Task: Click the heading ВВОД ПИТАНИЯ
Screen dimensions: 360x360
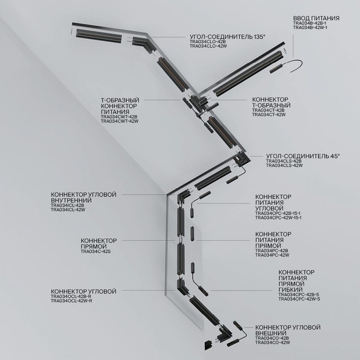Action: pyautogui.click(x=316, y=18)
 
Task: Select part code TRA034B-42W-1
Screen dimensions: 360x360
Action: pyautogui.click(x=310, y=28)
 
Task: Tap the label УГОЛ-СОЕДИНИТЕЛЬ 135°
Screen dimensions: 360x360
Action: pyautogui.click(x=228, y=37)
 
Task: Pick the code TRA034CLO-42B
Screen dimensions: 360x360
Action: pyautogui.click(x=208, y=42)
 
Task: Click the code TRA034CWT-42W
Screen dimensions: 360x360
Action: pyautogui.click(x=120, y=121)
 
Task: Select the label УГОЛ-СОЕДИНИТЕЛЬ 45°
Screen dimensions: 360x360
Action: pyautogui.click(x=303, y=156)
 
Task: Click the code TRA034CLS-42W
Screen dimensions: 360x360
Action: pyautogui.click(x=284, y=165)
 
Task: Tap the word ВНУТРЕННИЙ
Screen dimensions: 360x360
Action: pyautogui.click(x=71, y=200)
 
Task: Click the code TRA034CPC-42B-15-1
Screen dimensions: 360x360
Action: pyautogui.click(x=278, y=213)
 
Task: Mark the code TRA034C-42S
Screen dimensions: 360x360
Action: pyautogui.click(x=96, y=252)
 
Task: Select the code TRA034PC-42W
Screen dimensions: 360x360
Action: pyautogui.click(x=272, y=255)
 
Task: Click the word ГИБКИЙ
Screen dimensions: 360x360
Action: pyautogui.click(x=290, y=290)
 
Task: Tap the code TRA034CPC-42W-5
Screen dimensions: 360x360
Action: pyautogui.click(x=299, y=299)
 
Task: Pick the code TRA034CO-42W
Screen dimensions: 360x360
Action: pyautogui.click(x=272, y=342)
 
